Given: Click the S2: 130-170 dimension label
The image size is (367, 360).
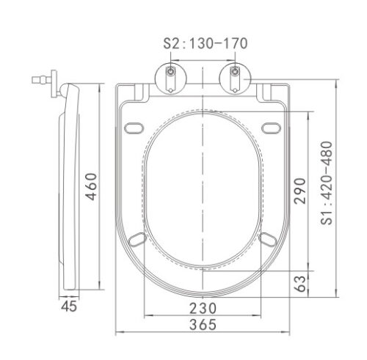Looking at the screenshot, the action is (206, 43).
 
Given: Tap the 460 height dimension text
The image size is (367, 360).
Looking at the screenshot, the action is (92, 187).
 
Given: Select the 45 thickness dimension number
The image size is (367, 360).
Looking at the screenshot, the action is (69, 306).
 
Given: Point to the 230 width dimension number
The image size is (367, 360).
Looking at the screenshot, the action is (203, 308).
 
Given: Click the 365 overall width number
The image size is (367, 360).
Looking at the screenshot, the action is (203, 325).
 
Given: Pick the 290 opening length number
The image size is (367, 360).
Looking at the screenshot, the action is (300, 191).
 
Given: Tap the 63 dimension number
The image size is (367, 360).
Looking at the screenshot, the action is (300, 284).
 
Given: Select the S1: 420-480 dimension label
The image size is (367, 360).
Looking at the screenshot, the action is (327, 183).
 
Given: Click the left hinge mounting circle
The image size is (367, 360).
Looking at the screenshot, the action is (171, 78).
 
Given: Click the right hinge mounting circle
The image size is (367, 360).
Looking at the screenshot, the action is (235, 78).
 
